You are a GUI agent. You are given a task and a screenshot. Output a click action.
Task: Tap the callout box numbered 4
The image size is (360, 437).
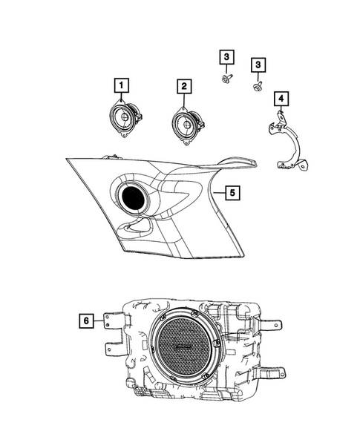coord(280,98)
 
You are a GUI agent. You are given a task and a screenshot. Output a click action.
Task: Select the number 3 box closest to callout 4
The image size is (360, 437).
coord(258,65)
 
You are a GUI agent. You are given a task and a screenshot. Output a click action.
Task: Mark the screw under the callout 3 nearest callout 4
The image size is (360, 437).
coord(255,85)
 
